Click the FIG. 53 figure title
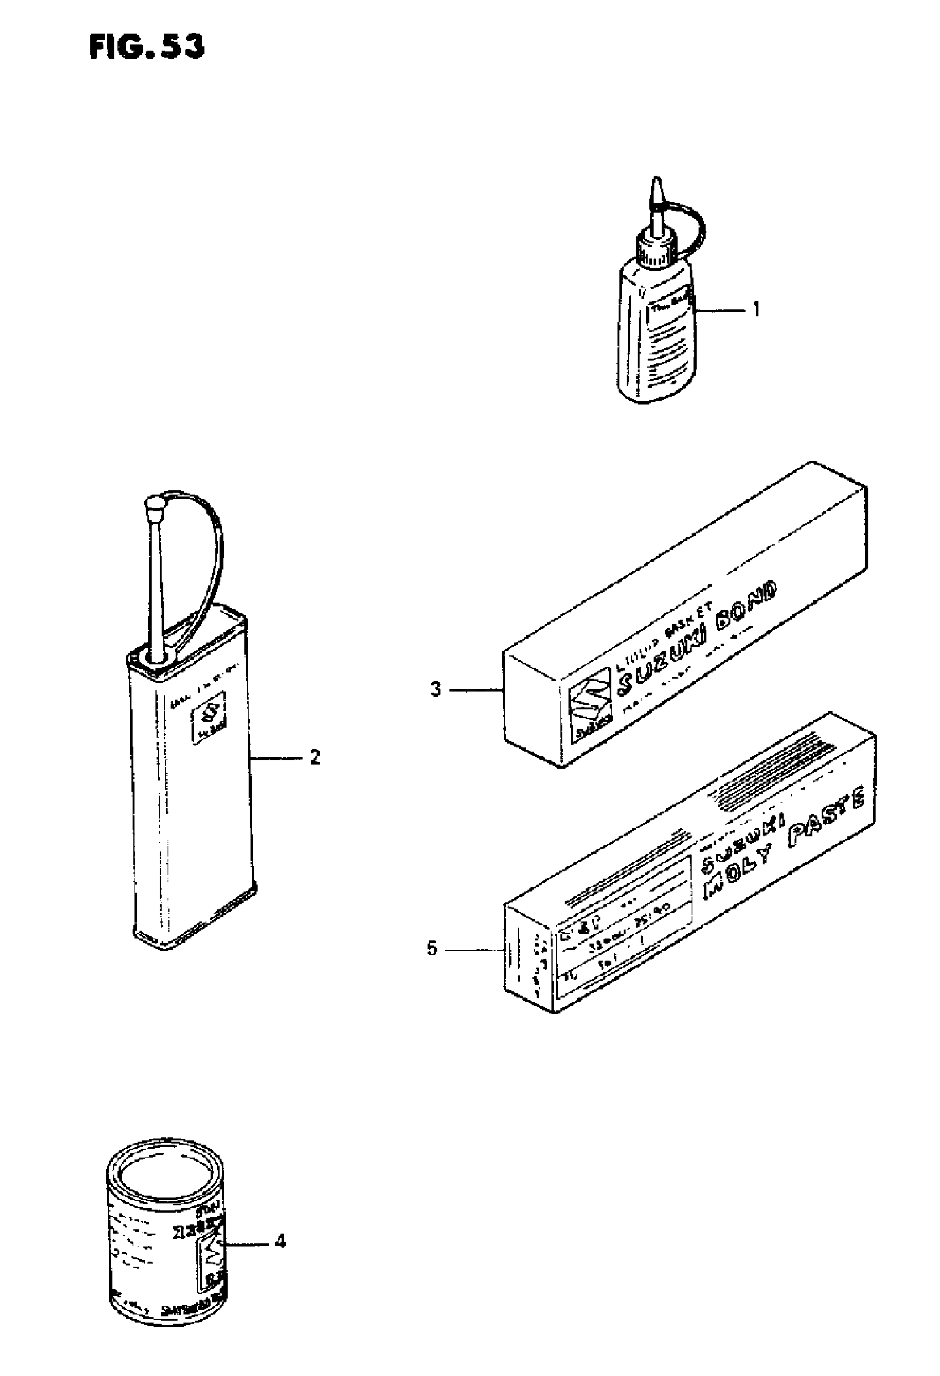[147, 47]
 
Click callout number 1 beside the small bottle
[755, 308]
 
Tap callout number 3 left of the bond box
[435, 689]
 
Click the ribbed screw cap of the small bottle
[655, 249]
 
